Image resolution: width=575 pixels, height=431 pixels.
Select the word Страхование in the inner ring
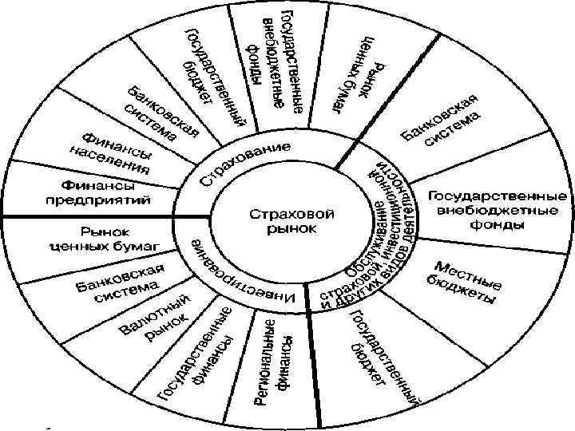pos(244,166)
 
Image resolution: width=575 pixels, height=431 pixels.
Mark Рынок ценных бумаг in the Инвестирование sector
pos(110,238)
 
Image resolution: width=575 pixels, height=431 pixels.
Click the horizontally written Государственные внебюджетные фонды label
pos(499,210)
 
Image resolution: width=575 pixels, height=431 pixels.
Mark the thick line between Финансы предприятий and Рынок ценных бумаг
pos(88,215)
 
